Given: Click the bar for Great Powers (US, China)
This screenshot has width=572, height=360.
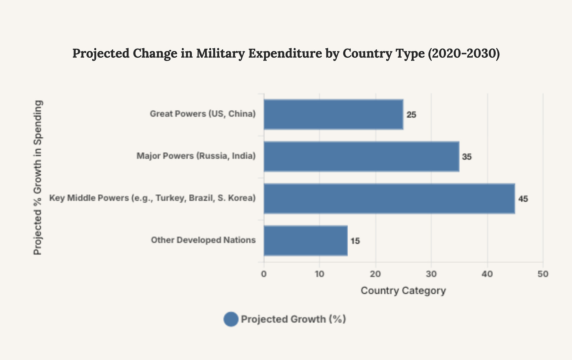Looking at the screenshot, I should (333, 114).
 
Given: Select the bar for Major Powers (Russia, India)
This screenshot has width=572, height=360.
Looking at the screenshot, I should (361, 156).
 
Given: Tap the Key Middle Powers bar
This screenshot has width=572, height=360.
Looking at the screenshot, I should (389, 198).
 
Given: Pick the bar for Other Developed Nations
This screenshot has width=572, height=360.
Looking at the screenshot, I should (305, 240).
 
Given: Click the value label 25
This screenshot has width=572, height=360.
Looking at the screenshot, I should (411, 115).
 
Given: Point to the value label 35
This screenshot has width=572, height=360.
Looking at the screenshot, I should (467, 157).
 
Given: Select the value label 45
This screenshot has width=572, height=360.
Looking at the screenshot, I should (523, 199).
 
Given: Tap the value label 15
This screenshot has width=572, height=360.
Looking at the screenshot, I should (355, 241).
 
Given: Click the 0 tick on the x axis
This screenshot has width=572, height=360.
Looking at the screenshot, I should (264, 274).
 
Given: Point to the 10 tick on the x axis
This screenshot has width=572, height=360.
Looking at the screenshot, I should (319, 274).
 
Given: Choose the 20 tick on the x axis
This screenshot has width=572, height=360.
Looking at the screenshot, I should (376, 274).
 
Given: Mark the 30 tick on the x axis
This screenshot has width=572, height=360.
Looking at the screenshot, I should (431, 274).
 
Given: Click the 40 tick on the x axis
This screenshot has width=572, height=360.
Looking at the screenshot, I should (487, 274).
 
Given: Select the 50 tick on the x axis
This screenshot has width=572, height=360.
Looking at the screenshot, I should (543, 274).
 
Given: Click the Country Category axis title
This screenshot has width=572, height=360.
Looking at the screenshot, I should (403, 291).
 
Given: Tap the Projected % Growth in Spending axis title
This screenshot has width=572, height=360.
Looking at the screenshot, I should (38, 177).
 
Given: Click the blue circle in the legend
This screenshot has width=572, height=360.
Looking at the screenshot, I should (231, 319).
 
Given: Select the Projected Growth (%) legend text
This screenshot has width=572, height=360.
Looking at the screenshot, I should (293, 319).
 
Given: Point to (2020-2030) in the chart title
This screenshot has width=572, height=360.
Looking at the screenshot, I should (464, 53).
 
